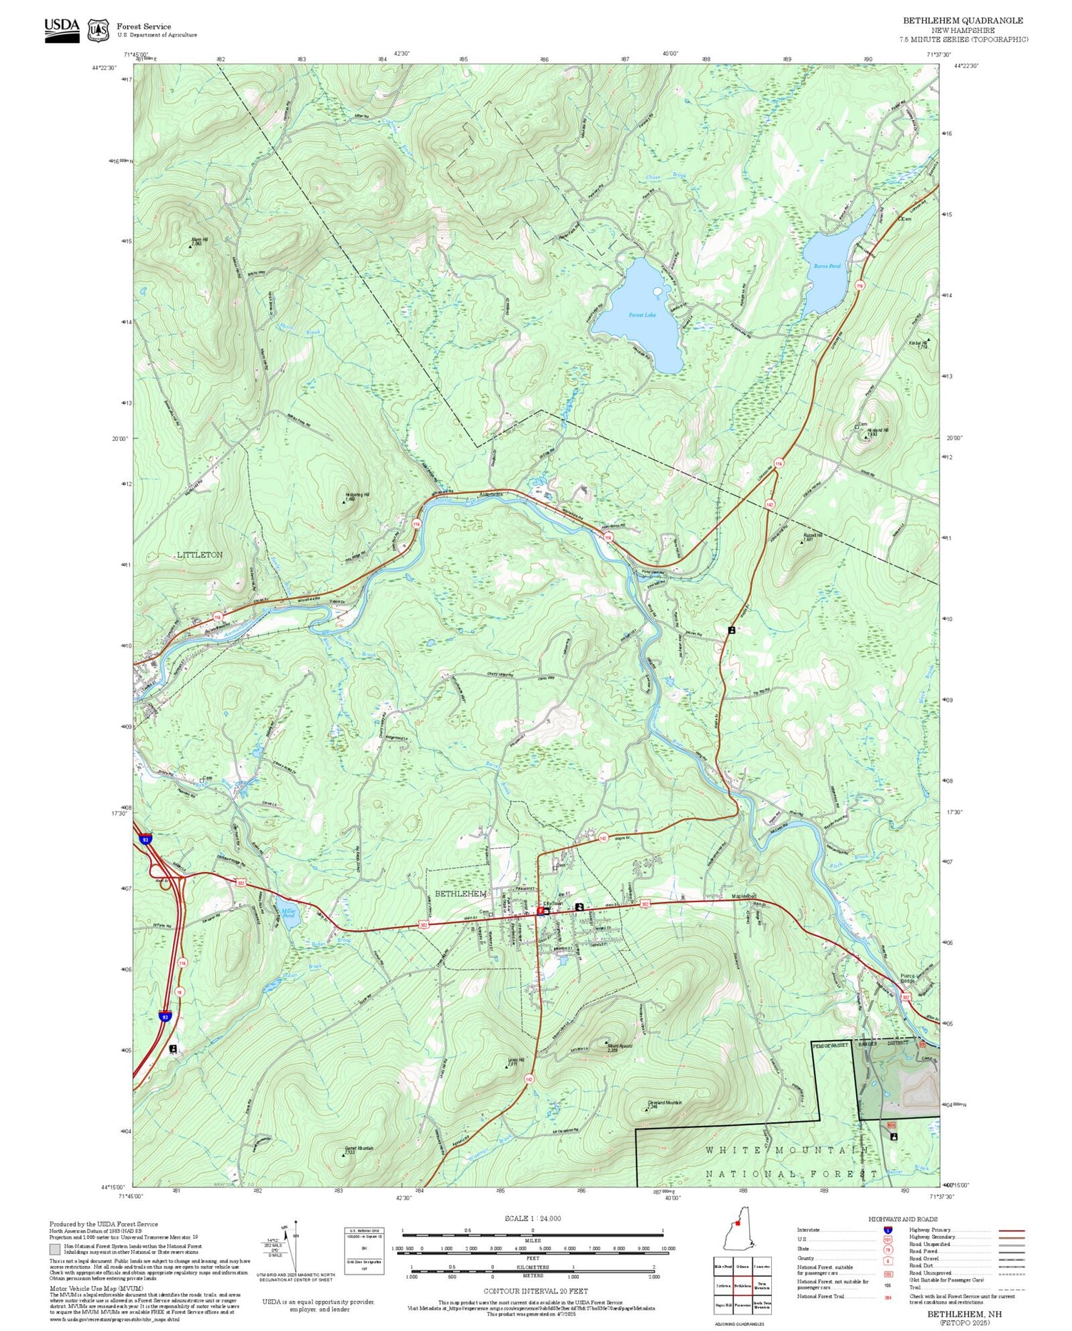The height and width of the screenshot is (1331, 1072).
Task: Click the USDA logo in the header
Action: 62,30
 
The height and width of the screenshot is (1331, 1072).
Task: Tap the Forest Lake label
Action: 642,315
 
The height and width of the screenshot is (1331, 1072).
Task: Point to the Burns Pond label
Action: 827,266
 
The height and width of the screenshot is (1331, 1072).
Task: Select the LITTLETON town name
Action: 199,555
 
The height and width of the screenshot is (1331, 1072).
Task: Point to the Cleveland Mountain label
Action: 664,1103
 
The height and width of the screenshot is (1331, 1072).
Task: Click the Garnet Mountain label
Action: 359,1149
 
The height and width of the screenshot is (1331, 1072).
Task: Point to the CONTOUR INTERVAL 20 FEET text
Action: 535,1291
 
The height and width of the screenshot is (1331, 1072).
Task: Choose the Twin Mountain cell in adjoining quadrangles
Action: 761,1285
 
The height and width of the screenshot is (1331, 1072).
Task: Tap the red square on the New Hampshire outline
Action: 738,1243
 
